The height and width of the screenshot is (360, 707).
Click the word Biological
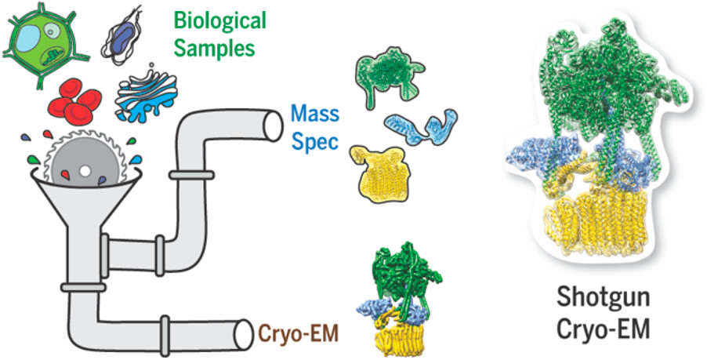220,20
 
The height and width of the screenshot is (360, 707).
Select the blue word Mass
315,114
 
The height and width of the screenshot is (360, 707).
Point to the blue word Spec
314,141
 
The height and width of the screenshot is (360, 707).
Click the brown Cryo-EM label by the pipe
299,334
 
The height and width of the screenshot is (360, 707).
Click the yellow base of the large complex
596,228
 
